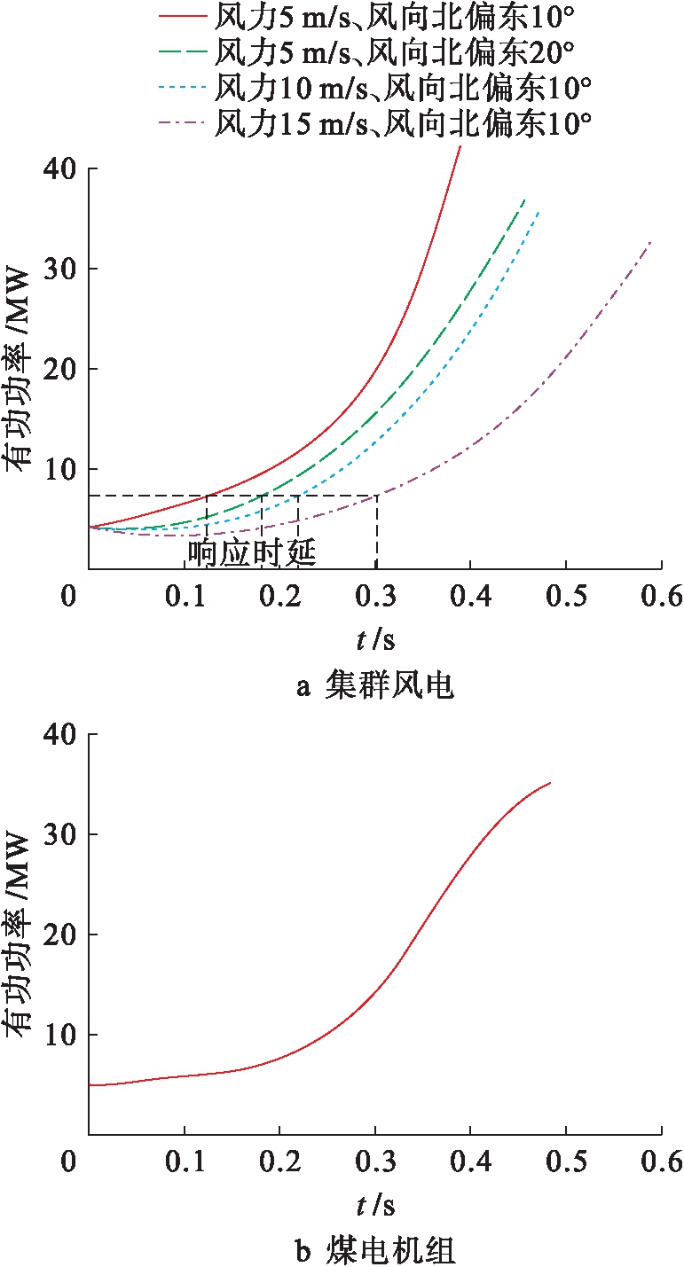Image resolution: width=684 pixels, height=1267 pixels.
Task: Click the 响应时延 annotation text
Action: coord(252,552)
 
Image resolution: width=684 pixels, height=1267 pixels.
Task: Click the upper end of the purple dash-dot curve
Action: coord(651,242)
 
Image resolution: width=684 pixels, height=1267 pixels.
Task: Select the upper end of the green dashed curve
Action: coord(525,200)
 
